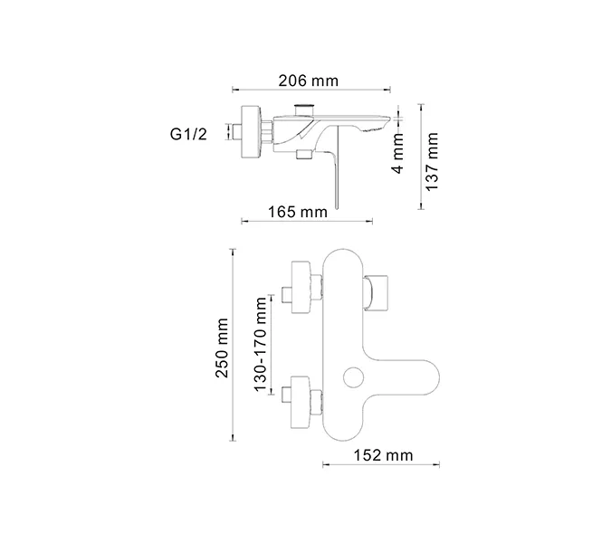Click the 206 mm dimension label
tap(308, 81)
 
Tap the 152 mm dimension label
tap(381, 455)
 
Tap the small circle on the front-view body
tap(353, 376)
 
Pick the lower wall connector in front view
tap(302, 395)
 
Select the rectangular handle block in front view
tap(378, 291)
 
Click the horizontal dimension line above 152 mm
tap(381, 467)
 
